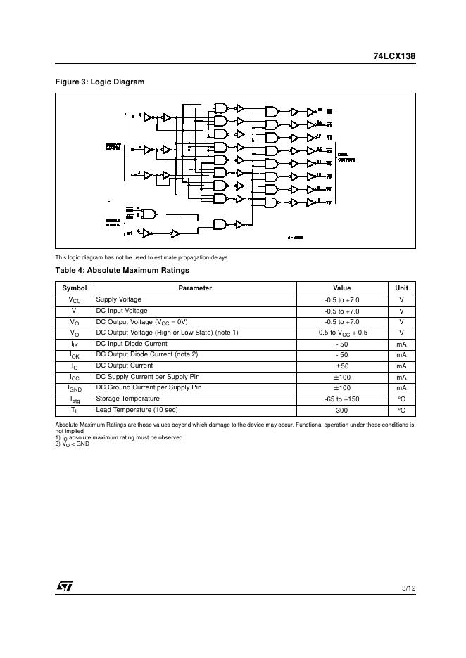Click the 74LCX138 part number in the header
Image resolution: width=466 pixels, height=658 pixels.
coord(394,56)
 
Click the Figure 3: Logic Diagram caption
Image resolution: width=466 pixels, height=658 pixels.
coord(100,82)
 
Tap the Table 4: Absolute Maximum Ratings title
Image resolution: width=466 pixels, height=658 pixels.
coord(122,270)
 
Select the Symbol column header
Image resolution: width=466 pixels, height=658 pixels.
coord(74,288)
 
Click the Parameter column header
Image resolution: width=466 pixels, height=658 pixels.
coord(195,288)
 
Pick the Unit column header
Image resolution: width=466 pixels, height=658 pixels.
coord(401,288)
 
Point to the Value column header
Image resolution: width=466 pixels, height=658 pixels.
coord(342,288)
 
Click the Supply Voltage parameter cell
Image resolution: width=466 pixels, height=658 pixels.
coord(118,299)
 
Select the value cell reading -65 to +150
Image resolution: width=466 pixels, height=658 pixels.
coord(342,399)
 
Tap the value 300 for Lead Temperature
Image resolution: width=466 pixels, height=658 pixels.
coord(342,410)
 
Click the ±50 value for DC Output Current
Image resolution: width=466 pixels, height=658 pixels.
coord(342,366)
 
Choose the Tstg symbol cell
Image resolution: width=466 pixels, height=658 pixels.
coord(74,399)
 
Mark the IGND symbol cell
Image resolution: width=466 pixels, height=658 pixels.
coord(74,388)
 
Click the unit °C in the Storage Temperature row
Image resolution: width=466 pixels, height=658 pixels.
coord(401,399)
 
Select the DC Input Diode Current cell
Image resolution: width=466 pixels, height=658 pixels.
coord(132,344)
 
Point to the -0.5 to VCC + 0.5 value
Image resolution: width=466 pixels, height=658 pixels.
coord(342,333)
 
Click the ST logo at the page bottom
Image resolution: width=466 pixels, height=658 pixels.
coord(65,586)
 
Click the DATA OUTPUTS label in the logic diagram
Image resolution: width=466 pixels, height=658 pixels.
coord(347,157)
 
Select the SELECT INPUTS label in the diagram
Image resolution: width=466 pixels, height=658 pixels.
coord(114,148)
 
